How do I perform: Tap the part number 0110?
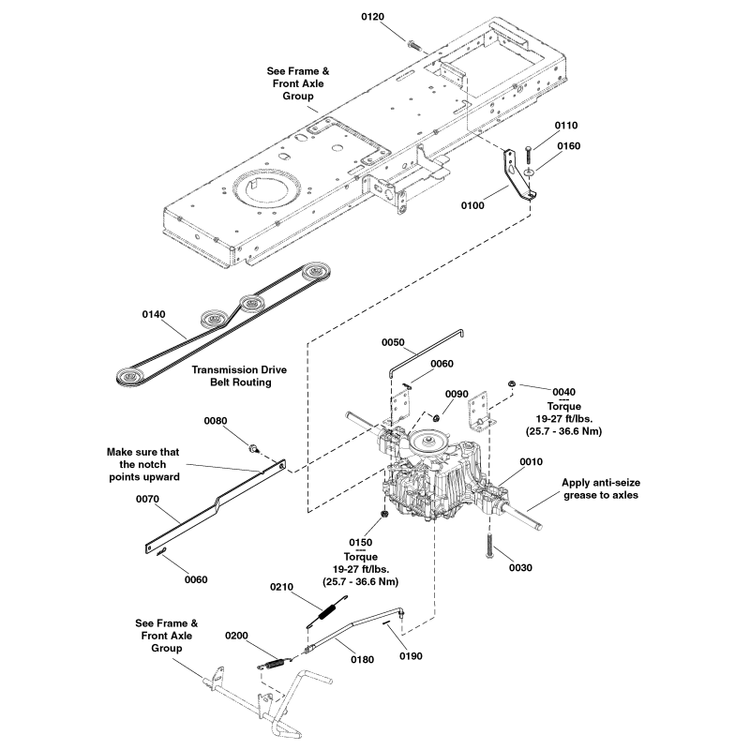pos(566,126)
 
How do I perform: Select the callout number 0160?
pos(568,145)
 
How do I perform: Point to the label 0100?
pos(473,204)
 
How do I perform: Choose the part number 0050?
pos(394,344)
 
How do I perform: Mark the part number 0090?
pos(457,394)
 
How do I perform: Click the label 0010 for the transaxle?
pos(531,462)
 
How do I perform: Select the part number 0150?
pos(360,543)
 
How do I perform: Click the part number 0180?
pos(362,659)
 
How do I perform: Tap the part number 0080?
pos(216,421)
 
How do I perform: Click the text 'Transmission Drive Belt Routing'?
pos(239,376)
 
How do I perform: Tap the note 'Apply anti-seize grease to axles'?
pos(601,488)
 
